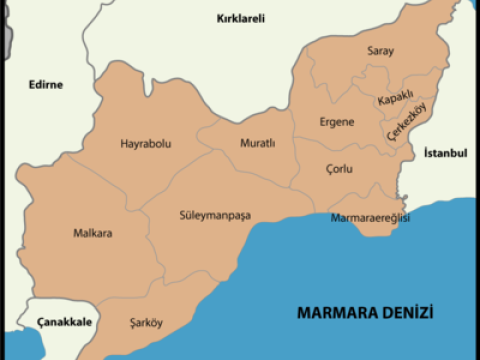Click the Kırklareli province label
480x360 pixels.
[241, 18]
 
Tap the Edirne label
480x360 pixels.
[44, 85]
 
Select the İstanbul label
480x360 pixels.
[445, 154]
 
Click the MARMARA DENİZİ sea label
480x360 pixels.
[365, 313]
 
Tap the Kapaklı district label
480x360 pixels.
[395, 101]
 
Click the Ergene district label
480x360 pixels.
[337, 121]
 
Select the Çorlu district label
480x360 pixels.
[339, 169]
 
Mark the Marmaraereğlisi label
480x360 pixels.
[370, 218]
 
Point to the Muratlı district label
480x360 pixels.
[257, 143]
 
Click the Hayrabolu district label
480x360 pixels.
[145, 143]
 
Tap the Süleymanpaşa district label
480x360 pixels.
[215, 215]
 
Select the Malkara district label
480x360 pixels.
[93, 234]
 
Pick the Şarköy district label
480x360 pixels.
[146, 323]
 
